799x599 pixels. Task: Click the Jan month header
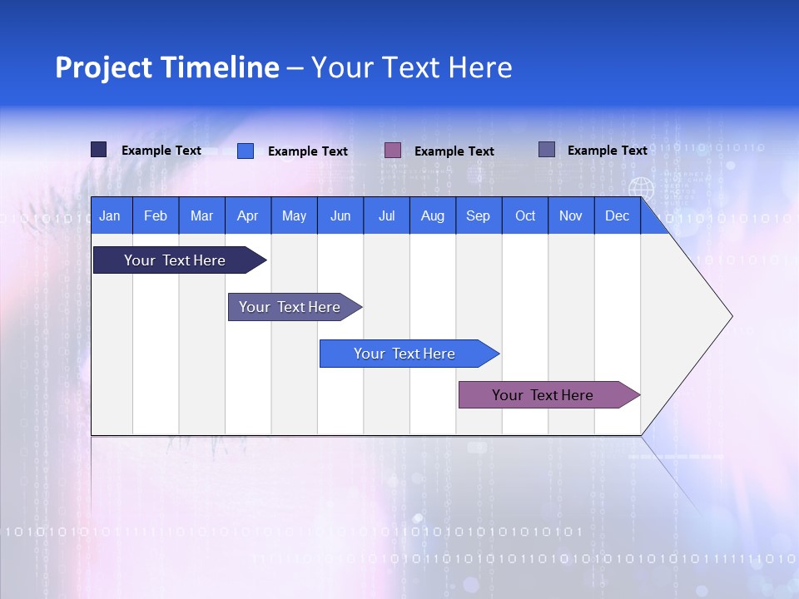(110, 216)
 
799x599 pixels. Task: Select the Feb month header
(156, 216)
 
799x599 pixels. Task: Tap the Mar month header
(201, 216)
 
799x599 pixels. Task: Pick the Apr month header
(248, 216)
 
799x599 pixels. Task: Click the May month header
(294, 216)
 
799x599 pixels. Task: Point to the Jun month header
(340, 216)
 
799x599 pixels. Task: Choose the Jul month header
(386, 216)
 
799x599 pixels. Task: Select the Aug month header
(432, 216)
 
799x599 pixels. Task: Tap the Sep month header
(478, 216)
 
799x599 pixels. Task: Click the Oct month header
(525, 216)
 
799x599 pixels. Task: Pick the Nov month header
(571, 216)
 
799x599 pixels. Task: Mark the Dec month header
(617, 216)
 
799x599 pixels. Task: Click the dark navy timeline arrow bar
(176, 260)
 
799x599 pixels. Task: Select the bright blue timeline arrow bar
(405, 354)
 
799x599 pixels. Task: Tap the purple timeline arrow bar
(543, 395)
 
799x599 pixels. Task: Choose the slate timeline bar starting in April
(290, 307)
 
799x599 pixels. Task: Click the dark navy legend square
(99, 150)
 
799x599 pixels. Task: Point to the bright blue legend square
(246, 151)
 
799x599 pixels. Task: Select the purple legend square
(393, 150)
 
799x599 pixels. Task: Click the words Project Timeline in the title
(167, 67)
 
